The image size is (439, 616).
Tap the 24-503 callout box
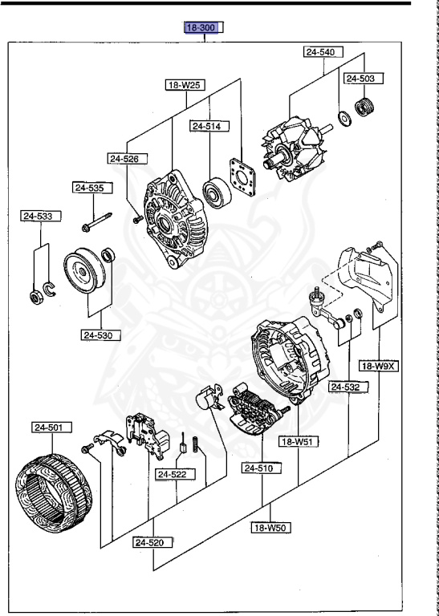(364, 79)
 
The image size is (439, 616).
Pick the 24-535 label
(91, 188)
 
